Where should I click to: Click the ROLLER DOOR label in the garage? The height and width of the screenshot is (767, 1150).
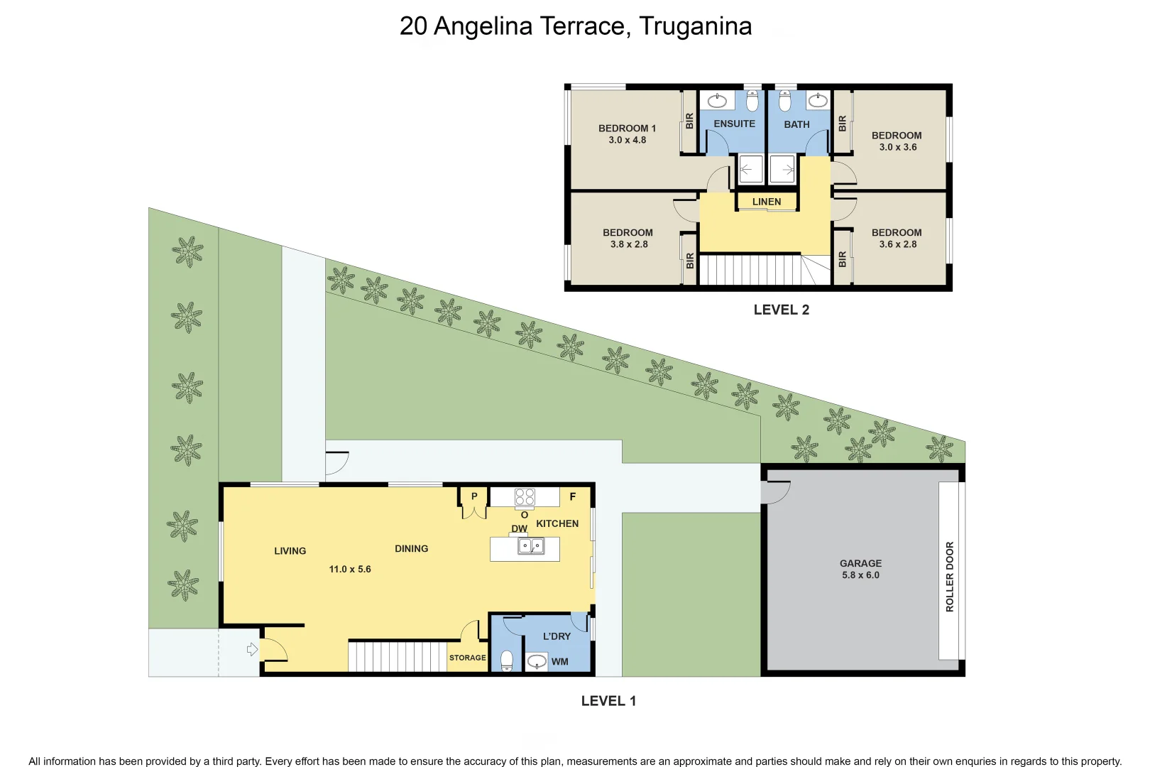(x=949, y=577)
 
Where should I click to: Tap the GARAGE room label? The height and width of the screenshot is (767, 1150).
(x=860, y=563)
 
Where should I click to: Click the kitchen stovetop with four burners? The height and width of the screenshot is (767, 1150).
(x=525, y=496)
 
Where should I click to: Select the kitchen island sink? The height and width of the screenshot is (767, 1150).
(x=531, y=546)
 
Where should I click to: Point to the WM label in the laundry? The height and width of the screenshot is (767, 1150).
(x=559, y=661)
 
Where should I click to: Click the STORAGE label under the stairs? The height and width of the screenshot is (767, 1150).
(x=467, y=658)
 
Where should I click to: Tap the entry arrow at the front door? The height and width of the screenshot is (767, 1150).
(x=251, y=649)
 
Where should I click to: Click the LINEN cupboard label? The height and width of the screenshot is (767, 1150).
(x=766, y=202)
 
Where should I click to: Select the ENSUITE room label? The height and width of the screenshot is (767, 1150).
(x=734, y=124)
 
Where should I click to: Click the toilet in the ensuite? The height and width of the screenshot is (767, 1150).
(x=752, y=102)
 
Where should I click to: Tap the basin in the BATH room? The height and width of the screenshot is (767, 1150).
(x=818, y=101)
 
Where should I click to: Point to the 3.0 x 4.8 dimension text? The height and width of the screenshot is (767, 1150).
(x=627, y=140)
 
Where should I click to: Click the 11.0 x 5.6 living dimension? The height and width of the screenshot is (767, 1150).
(x=349, y=569)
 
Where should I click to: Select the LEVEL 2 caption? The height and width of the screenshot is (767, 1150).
(x=781, y=310)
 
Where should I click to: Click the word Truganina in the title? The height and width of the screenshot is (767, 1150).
(x=695, y=26)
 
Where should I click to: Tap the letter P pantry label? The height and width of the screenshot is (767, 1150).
(x=474, y=496)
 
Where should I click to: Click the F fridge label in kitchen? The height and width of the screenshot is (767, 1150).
(x=572, y=496)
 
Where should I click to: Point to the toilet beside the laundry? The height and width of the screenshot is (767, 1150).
(x=507, y=660)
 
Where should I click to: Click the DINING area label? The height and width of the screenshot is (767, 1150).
(x=411, y=548)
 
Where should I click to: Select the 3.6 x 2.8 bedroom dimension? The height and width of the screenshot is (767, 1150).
(x=897, y=244)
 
